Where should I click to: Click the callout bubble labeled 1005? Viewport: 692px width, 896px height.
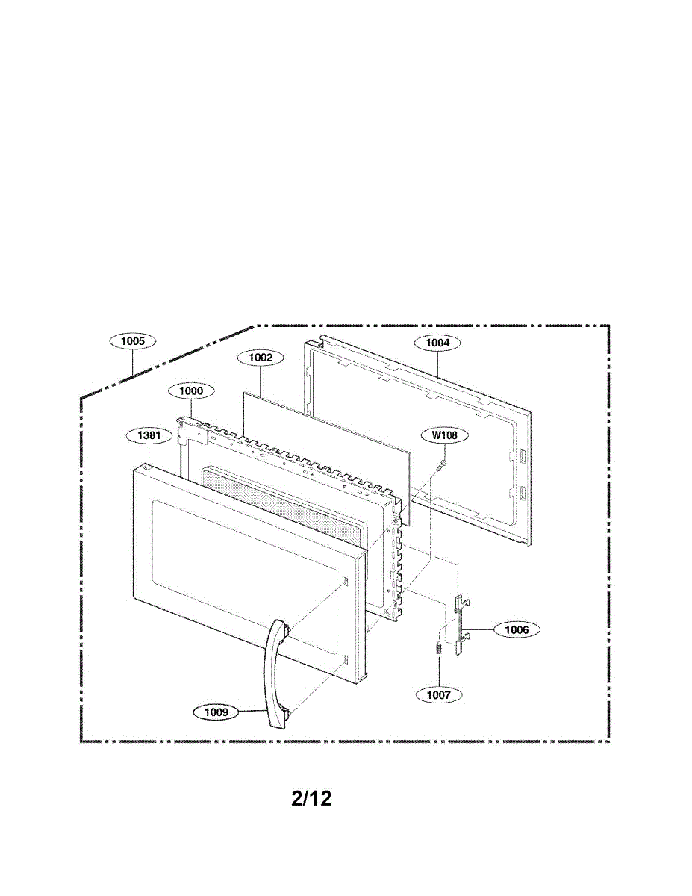pos(133,341)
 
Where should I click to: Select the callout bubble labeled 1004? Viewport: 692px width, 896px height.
pos(437,343)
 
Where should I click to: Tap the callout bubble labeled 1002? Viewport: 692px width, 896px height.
pos(261,358)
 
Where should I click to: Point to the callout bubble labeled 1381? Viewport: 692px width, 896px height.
pos(150,434)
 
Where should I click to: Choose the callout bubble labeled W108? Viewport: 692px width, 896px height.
pos(444,435)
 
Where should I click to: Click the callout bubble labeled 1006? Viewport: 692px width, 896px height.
pos(517,630)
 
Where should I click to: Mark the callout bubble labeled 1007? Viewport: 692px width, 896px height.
pos(439,694)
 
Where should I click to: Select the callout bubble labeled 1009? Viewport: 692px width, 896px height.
pos(216,712)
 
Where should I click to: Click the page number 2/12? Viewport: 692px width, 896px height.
pos(311,798)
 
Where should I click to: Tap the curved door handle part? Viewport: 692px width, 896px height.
pos(272,672)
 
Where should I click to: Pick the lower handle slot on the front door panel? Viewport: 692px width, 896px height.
pos(348,659)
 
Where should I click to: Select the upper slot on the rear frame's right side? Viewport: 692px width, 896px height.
pos(522,455)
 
